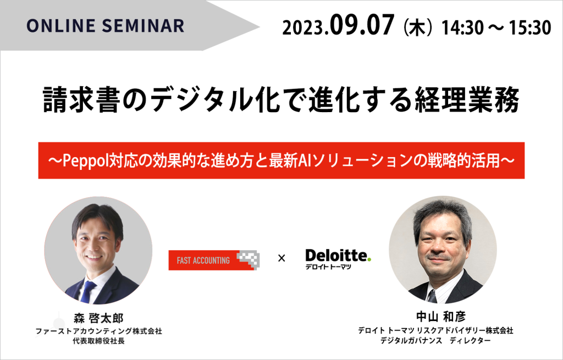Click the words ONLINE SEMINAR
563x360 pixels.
click(106, 26)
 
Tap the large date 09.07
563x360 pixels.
click(362, 25)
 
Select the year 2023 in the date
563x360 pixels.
click(303, 27)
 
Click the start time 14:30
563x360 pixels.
click(462, 27)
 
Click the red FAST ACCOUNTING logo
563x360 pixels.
click(214, 260)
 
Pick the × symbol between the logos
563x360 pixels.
click(281, 258)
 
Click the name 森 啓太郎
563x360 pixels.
click(98, 318)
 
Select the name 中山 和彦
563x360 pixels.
click(441, 317)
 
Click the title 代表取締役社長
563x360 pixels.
click(98, 341)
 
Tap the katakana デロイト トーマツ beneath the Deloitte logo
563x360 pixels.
click(328, 267)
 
